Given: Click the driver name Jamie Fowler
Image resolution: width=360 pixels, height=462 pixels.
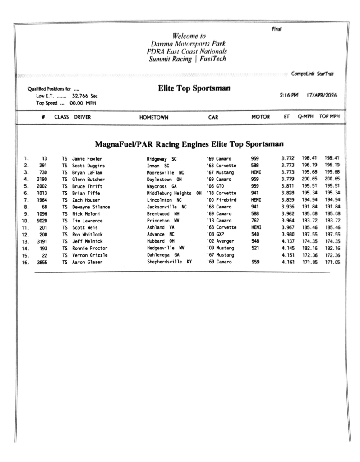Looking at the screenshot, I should click(x=87, y=158).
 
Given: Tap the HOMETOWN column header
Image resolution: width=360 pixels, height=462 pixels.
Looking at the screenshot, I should click(x=154, y=117).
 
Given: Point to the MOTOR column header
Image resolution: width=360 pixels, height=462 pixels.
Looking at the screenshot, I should click(x=260, y=117).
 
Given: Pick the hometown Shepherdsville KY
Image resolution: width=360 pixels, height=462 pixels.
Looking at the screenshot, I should click(x=169, y=262).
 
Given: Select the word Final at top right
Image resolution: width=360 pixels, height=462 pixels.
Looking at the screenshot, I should click(x=276, y=29).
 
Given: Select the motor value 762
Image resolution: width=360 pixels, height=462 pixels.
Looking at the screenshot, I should click(x=255, y=221).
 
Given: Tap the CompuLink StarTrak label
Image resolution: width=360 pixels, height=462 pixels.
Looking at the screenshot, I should click(x=313, y=74).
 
